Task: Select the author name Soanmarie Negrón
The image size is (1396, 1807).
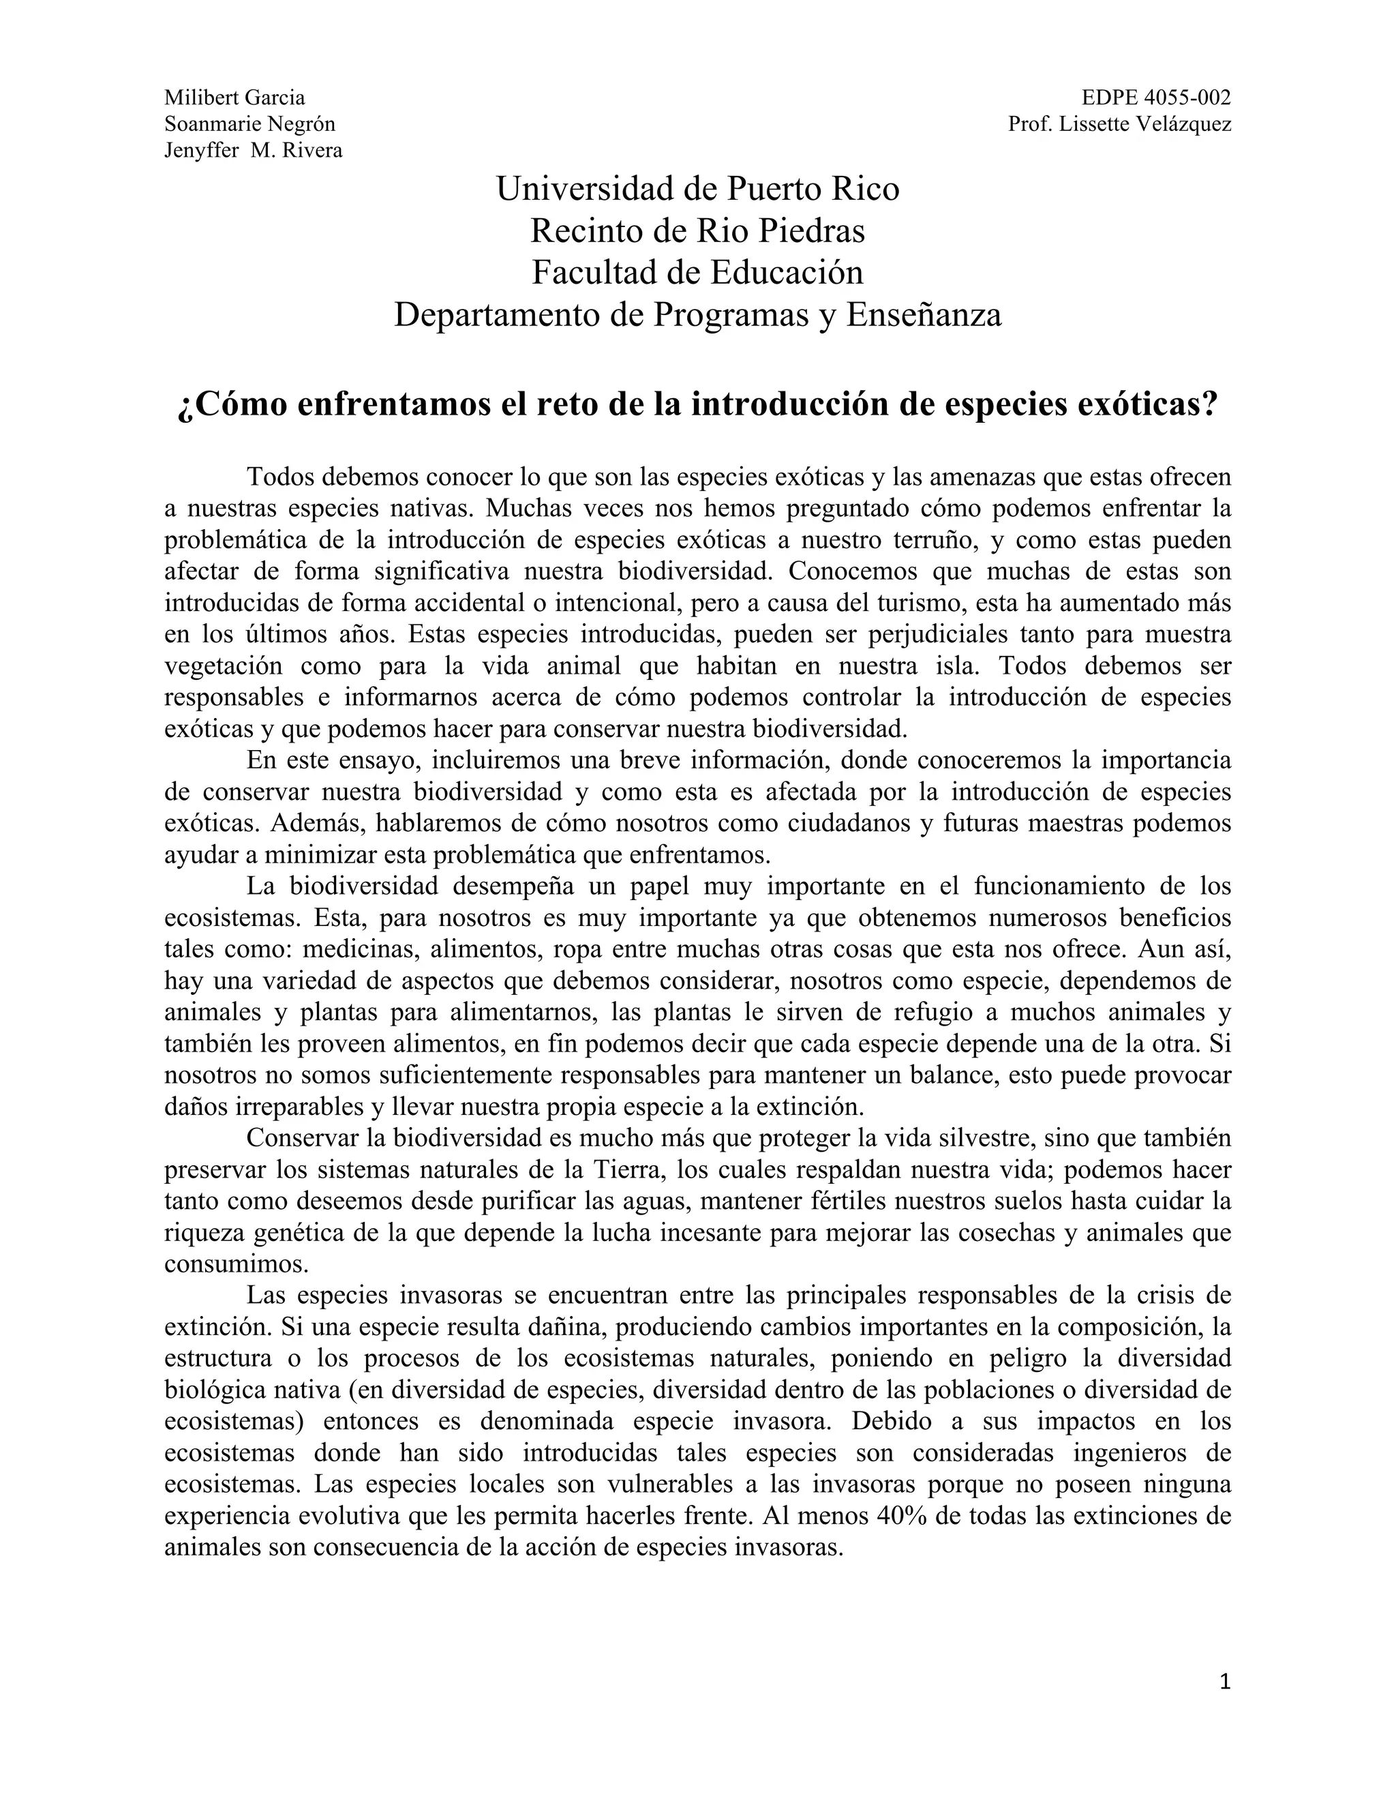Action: pos(249,124)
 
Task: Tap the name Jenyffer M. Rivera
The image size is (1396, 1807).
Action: pos(253,151)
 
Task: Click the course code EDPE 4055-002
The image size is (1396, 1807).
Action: pos(1155,98)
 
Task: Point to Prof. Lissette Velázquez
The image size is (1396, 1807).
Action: pos(1119,124)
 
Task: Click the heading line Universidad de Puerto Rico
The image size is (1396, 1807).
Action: pos(697,190)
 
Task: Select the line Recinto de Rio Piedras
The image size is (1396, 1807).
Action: pos(697,231)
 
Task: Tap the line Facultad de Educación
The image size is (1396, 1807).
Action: pos(697,272)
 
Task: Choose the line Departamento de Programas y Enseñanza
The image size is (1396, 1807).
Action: pos(697,314)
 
